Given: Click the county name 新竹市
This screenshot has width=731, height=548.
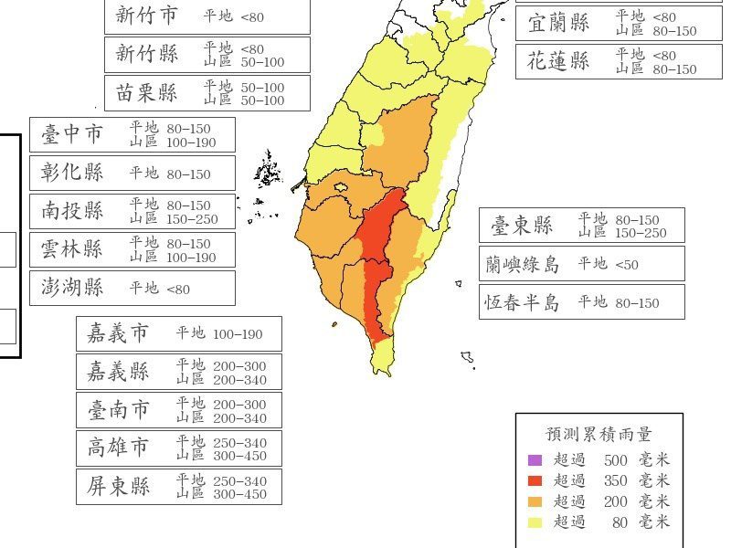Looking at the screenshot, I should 147,16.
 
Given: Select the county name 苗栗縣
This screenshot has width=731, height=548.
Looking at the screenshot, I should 147,93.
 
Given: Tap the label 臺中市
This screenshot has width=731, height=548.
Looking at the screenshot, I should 72,134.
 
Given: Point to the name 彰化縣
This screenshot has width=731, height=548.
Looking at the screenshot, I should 72,173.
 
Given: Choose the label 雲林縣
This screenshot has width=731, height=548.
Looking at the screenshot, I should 72,249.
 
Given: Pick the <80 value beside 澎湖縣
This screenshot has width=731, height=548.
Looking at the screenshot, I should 178,289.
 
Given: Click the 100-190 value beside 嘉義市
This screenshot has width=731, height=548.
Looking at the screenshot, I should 238,334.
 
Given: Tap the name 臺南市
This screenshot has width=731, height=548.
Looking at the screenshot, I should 118,410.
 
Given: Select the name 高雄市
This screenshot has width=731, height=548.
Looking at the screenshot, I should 118,448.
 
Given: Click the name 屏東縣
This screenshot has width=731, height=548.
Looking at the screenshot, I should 118,487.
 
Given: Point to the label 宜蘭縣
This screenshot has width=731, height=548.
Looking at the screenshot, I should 558,24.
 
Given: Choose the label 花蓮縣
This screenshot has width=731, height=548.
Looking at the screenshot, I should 558,61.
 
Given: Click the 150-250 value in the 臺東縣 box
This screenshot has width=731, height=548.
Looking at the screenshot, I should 641,233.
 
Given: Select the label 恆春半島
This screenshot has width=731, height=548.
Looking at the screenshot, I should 523,302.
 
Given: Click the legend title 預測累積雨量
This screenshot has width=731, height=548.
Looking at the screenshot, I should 599,435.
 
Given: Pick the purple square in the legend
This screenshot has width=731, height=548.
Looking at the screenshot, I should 535,460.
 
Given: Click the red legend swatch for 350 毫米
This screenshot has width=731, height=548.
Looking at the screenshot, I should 535,480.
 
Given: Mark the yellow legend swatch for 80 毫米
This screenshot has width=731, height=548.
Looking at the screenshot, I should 535,522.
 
